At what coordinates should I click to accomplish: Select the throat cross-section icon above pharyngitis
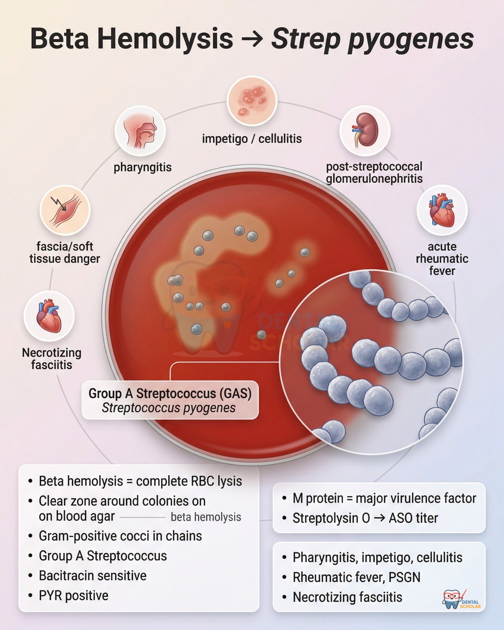(x=140, y=131)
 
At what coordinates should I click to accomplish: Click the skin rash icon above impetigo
(x=252, y=101)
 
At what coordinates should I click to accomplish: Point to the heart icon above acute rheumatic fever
(x=442, y=210)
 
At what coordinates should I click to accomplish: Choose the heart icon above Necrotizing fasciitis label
(x=49, y=316)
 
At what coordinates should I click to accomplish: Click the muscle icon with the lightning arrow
(x=65, y=210)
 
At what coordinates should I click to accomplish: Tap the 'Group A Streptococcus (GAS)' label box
(x=170, y=400)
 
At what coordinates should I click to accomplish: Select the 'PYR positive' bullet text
(x=73, y=596)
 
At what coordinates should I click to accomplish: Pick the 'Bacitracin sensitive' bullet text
(x=93, y=576)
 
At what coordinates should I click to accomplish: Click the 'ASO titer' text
(x=413, y=518)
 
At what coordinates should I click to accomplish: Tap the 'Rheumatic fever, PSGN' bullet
(x=357, y=577)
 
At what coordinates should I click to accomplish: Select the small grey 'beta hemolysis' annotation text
(x=206, y=517)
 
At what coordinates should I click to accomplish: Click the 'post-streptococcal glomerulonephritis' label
(x=374, y=173)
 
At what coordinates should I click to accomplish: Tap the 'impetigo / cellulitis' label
(x=252, y=139)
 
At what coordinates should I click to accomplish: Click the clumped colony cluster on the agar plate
(x=175, y=280)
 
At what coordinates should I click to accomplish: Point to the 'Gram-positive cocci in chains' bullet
(x=120, y=536)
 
